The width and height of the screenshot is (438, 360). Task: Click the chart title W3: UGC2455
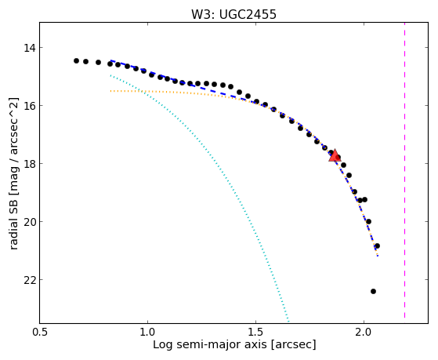[233, 14]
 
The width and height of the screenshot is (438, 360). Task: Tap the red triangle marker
[335, 156]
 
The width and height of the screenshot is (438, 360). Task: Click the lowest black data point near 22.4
[373, 292]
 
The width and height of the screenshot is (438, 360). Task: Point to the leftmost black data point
[76, 60]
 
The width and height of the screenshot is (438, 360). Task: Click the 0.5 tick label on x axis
[40, 332]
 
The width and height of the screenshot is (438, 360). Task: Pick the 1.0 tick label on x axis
[147, 332]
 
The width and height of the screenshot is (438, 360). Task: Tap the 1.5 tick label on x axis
[255, 332]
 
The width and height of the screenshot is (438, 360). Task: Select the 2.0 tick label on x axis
[364, 332]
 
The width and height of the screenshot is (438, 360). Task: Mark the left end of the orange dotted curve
[110, 91]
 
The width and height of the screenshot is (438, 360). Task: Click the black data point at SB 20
[368, 221]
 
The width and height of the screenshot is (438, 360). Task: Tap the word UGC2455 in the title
[248, 14]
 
